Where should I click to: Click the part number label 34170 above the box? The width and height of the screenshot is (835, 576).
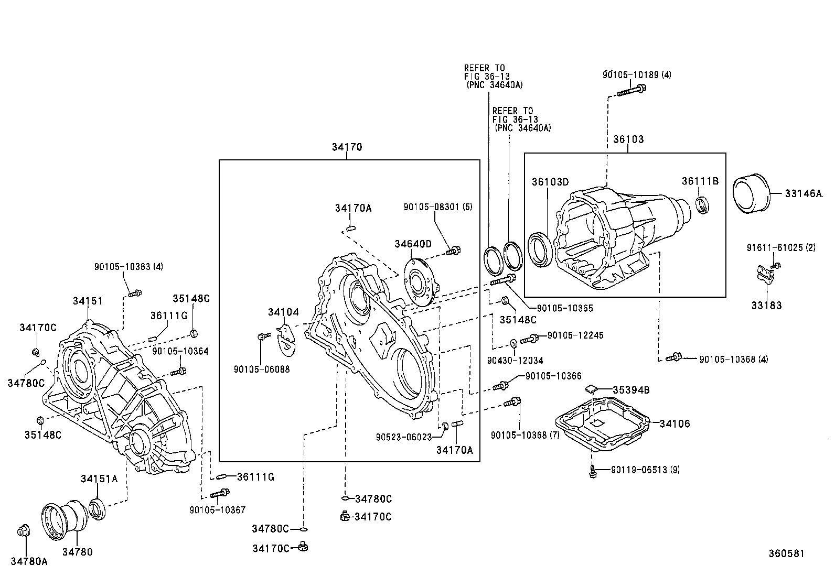(347, 147)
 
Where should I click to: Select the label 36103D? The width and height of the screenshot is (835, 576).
(550, 182)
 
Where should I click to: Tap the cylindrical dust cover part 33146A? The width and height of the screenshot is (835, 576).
(751, 193)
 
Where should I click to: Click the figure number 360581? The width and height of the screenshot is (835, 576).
(786, 553)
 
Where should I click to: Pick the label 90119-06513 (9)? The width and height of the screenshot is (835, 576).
(645, 470)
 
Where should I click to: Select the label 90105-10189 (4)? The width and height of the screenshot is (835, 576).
(637, 75)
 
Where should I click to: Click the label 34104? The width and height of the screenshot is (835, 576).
(283, 312)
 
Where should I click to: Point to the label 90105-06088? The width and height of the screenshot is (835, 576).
(262, 369)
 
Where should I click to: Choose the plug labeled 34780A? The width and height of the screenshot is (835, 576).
(23, 531)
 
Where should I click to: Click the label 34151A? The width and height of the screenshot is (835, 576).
(99, 479)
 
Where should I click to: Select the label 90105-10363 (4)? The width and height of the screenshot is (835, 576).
(129, 267)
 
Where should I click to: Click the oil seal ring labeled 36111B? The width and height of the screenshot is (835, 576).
(702, 204)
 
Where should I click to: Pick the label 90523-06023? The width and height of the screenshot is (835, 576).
(403, 436)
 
